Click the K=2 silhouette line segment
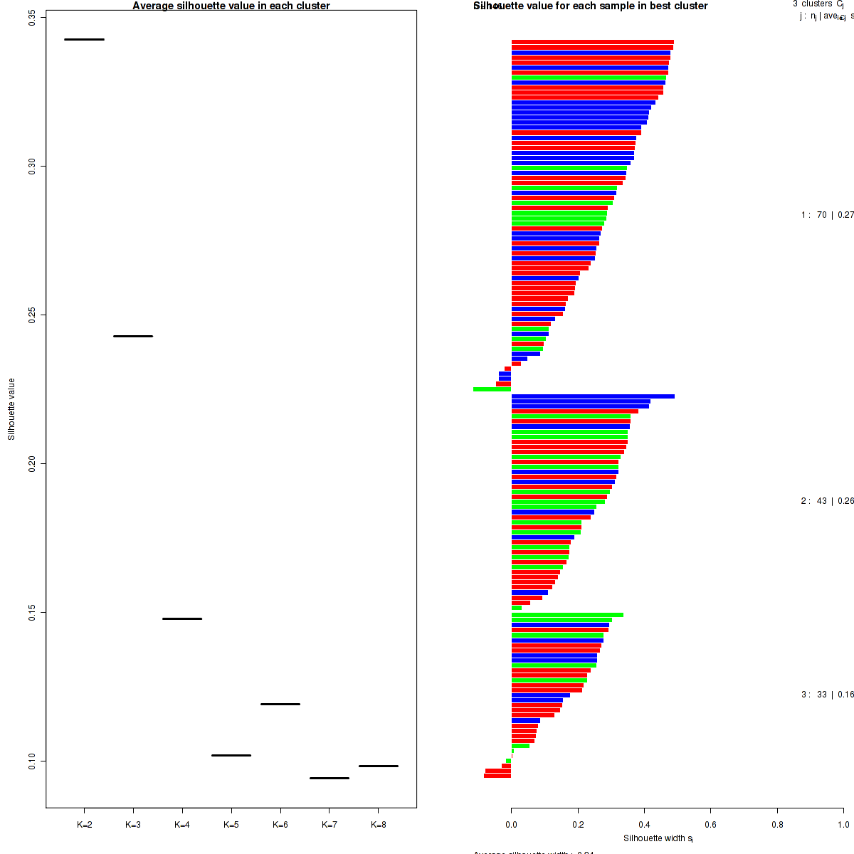pyautogui.click(x=84, y=39)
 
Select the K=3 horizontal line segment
pyautogui.click(x=133, y=336)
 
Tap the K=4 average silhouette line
pyautogui.click(x=182, y=618)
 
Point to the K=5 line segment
pyautogui.click(x=231, y=755)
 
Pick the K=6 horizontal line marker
pyautogui.click(x=280, y=704)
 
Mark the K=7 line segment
pyautogui.click(x=330, y=778)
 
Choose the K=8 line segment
pyautogui.click(x=379, y=766)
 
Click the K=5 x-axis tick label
pyautogui.click(x=231, y=825)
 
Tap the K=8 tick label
pyautogui.click(x=379, y=825)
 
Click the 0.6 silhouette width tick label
pyautogui.click(x=710, y=825)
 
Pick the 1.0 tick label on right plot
pyautogui.click(x=843, y=825)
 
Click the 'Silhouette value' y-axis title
pyautogui.click(x=11, y=409)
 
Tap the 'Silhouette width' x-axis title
pyautogui.click(x=658, y=838)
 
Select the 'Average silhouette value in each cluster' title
pyautogui.click(x=231, y=6)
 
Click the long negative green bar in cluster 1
pyautogui.click(x=492, y=389)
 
